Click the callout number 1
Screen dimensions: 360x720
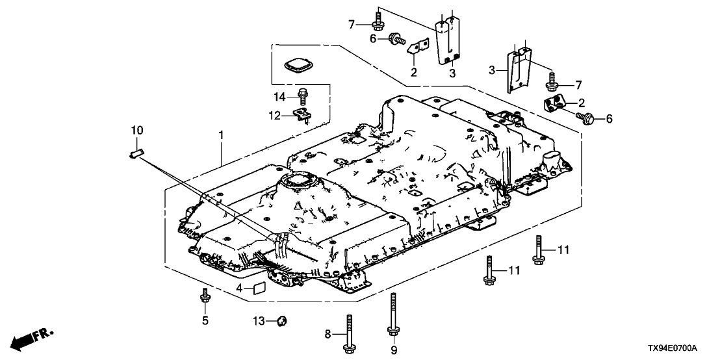tap(221, 135)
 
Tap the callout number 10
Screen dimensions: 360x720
tap(136, 131)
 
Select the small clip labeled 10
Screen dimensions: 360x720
tap(136, 153)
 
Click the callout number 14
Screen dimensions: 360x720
tap(279, 97)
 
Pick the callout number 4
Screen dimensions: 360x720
tap(239, 287)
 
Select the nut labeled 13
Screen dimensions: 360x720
tap(282, 320)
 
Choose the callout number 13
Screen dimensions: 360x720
tap(259, 320)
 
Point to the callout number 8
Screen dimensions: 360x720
tap(328, 334)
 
